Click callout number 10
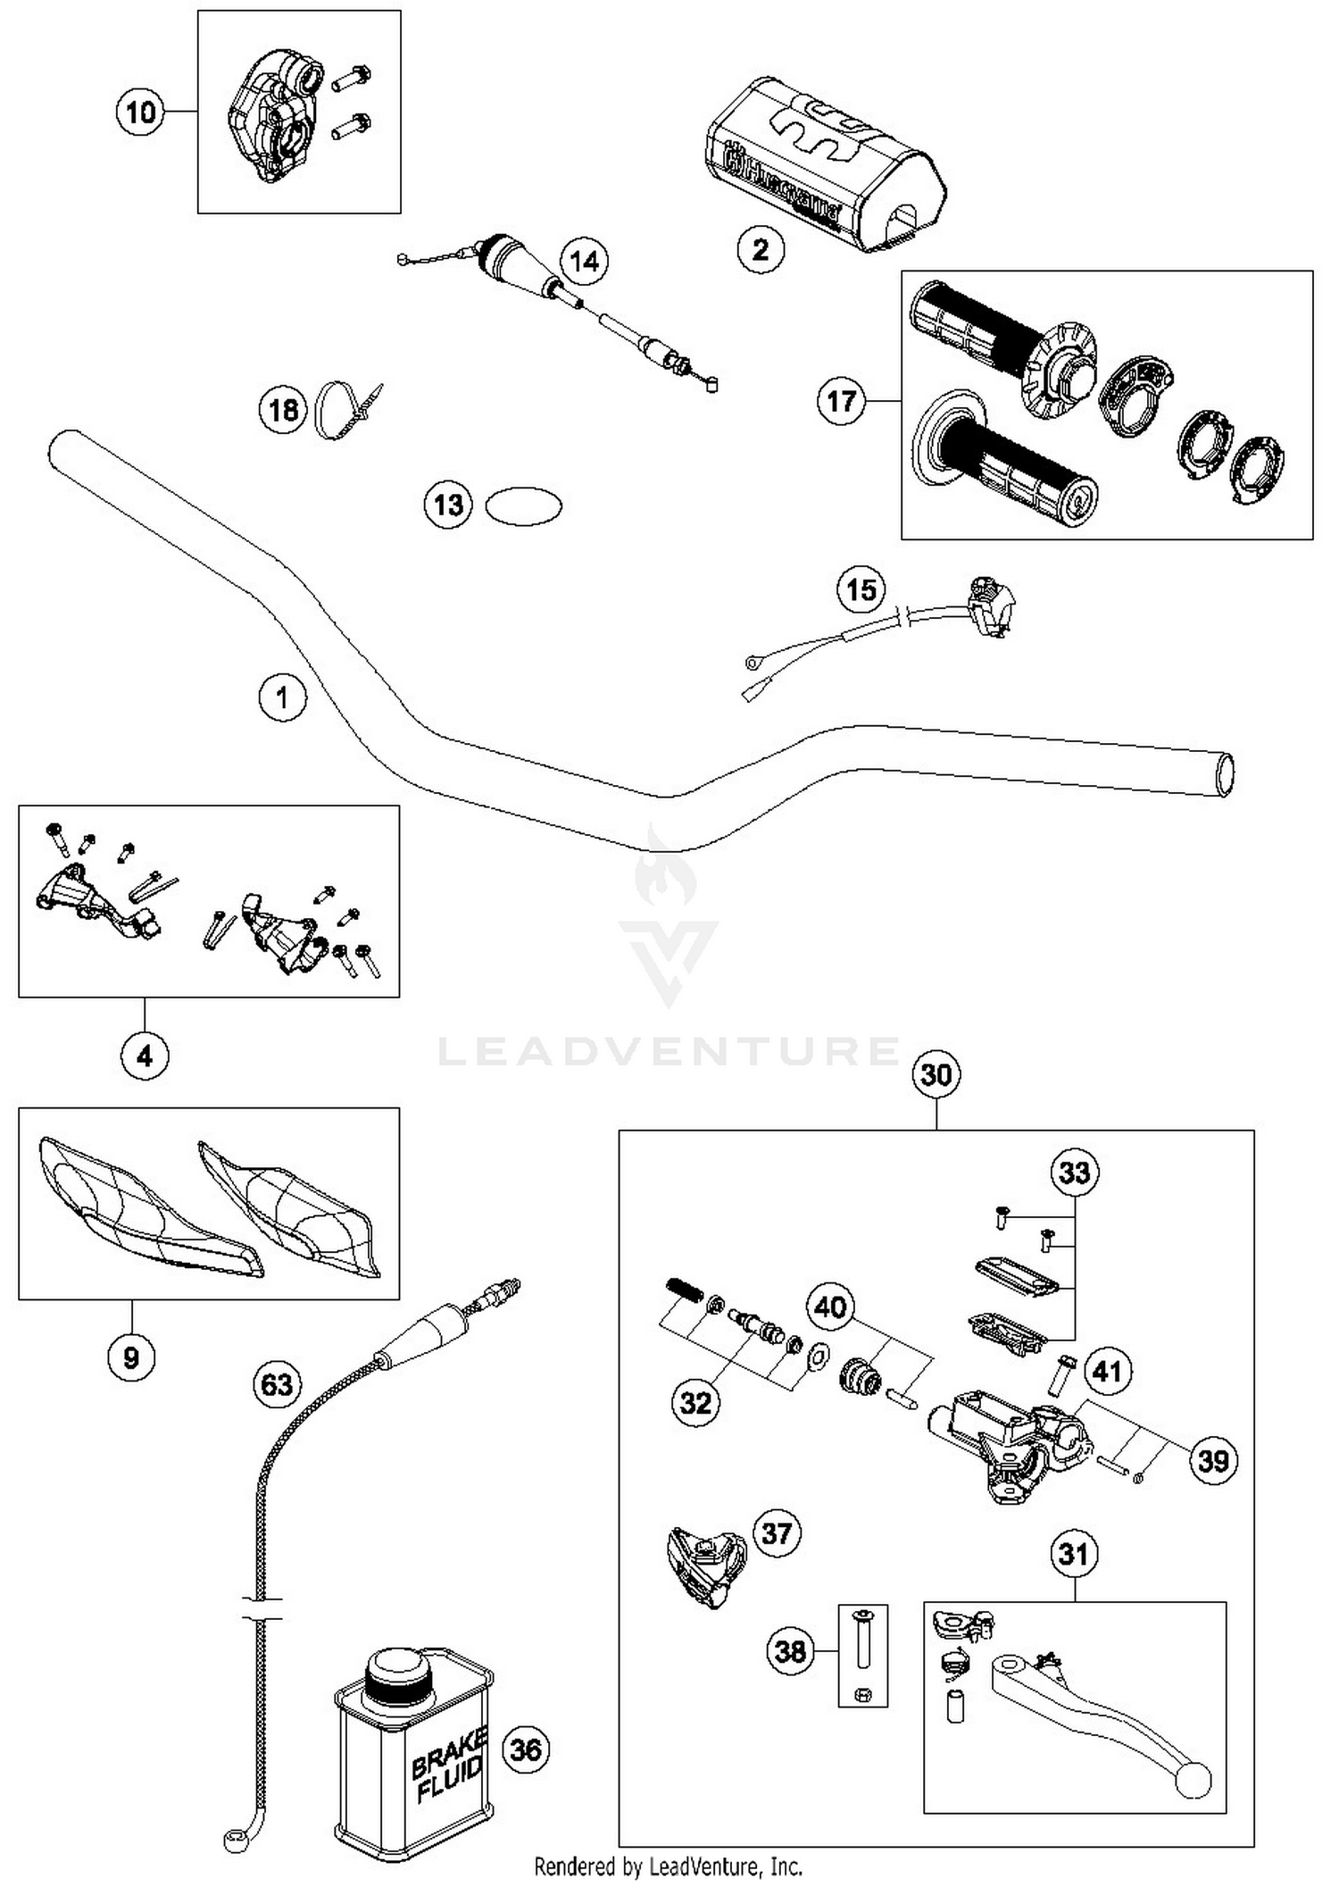[x=140, y=113]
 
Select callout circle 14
[x=584, y=261]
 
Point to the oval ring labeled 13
[x=523, y=506]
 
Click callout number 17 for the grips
[x=841, y=401]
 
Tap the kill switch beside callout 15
[x=991, y=605]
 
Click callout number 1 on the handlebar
[x=283, y=697]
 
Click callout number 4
[x=145, y=1056]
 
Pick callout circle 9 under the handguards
[x=131, y=1357]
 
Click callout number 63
[x=276, y=1384]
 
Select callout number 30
[x=936, y=1074]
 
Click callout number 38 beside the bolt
[x=790, y=1651]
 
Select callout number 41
[x=1107, y=1370]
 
